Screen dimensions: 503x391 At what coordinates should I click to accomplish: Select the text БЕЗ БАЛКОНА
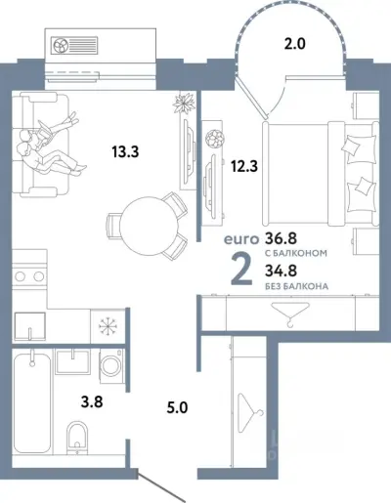(x=296, y=286)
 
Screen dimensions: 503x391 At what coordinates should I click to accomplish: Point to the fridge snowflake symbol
(x=104, y=322)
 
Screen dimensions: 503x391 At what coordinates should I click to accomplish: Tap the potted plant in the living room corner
(x=181, y=105)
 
